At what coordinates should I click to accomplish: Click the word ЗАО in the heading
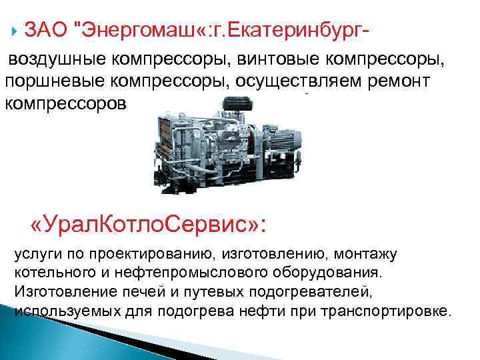coord(45,30)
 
